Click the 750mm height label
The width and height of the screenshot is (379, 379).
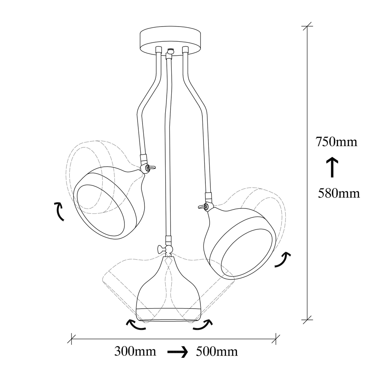pyautogui.click(x=336, y=142)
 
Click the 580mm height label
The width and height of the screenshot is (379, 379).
pyautogui.click(x=338, y=193)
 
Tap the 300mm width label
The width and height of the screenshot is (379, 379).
pyautogui.click(x=135, y=351)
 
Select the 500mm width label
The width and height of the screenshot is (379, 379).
pyautogui.click(x=217, y=351)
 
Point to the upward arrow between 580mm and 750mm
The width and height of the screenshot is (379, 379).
pyautogui.click(x=332, y=167)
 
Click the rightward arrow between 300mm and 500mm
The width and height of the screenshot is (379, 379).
pyautogui.click(x=178, y=352)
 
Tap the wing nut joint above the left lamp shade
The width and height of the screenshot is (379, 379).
pyautogui.click(x=148, y=167)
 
